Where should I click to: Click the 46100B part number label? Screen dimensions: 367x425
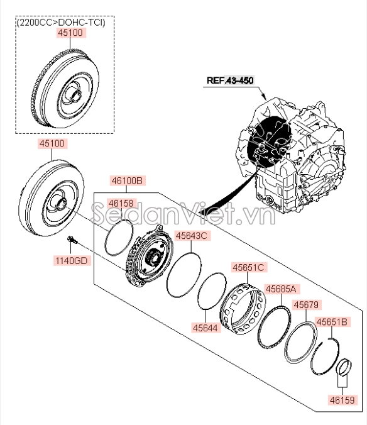click(128, 180)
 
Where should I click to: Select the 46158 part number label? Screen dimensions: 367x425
click(121, 203)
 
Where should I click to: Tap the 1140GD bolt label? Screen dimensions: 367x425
click(72, 261)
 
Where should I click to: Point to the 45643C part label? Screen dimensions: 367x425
click(192, 236)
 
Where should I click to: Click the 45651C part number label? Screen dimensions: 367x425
click(248, 268)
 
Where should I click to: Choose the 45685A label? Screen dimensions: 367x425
click(281, 289)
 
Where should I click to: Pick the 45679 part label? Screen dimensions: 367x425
click(306, 305)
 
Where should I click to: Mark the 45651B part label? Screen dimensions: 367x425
click(332, 322)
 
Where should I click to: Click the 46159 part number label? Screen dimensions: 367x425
click(342, 400)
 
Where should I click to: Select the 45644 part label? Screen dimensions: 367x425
click(205, 328)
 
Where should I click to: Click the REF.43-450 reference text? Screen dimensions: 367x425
click(230, 80)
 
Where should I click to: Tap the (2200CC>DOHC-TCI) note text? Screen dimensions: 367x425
click(61, 22)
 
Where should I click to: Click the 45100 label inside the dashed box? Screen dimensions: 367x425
click(70, 33)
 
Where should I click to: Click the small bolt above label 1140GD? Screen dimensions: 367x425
click(72, 240)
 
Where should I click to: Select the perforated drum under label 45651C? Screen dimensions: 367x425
click(243, 309)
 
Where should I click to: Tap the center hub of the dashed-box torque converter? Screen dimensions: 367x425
click(75, 95)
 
